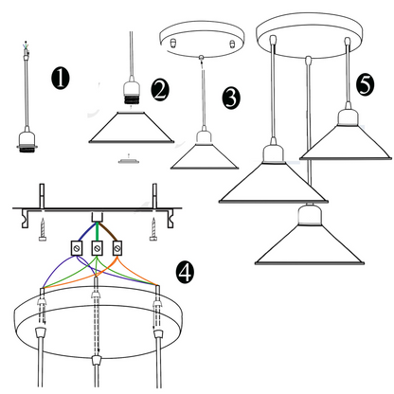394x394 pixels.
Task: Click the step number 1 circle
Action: pyautogui.click(x=61, y=78)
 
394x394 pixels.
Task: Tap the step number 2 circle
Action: pyautogui.click(x=160, y=90)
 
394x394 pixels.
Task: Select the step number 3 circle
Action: pyautogui.click(x=231, y=98)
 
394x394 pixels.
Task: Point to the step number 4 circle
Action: pyautogui.click(x=185, y=272)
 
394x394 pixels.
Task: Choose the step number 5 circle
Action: pyautogui.click(x=366, y=84)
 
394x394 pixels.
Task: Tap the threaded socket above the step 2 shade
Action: pyautogui.click(x=132, y=94)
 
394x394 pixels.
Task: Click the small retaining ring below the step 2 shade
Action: pyautogui.click(x=128, y=161)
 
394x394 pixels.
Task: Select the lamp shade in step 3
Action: pyautogui.click(x=205, y=157)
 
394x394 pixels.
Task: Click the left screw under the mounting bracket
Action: pyautogui.click(x=43, y=230)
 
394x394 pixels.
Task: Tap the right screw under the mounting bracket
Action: pyautogui.click(x=153, y=229)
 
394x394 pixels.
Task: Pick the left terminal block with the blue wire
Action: pyautogui.click(x=77, y=248)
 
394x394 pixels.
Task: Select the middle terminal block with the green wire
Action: pyautogui.click(x=98, y=248)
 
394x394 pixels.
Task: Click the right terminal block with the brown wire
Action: pyautogui.click(x=117, y=248)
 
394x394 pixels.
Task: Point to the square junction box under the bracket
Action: pyautogui.click(x=98, y=217)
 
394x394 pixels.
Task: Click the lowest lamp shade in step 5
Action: pyautogui.click(x=310, y=243)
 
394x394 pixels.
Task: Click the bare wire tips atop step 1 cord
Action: pyautogui.click(x=26, y=48)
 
